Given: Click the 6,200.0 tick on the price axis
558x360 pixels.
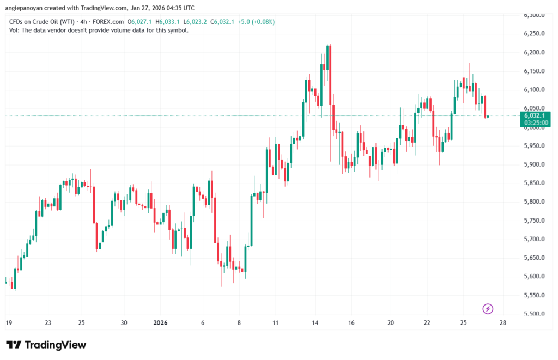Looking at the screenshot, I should pyautogui.click(x=535, y=52).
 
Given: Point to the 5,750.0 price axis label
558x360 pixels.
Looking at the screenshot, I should pyautogui.click(x=535, y=220).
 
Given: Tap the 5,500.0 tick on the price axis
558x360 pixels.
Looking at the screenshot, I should pyautogui.click(x=535, y=314).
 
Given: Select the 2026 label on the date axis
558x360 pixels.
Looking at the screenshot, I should pyautogui.click(x=160, y=323).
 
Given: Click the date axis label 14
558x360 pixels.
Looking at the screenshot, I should pyautogui.click(x=316, y=323).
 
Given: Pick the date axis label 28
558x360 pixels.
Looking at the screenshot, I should pyautogui.click(x=502, y=323).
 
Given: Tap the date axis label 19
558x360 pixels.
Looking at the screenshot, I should pyautogui.click(x=9, y=323).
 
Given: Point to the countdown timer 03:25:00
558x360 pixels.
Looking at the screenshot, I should pyautogui.click(x=536, y=123).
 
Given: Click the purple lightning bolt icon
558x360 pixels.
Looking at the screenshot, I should pyautogui.click(x=488, y=309).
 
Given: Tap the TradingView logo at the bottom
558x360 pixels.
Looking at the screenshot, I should pyautogui.click(x=46, y=345).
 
